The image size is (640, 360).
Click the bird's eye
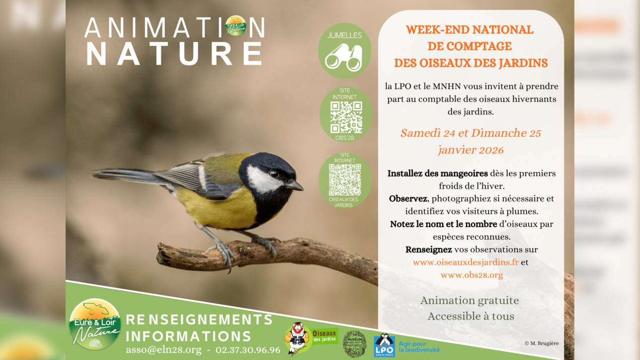(274, 174)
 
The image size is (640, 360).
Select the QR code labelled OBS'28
(345, 117)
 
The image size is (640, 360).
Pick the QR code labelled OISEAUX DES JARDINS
(345, 180)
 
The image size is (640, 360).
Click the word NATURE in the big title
(174, 54)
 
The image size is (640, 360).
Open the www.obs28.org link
(472, 274)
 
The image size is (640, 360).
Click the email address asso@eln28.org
(163, 350)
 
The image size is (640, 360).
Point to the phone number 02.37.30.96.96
(248, 350)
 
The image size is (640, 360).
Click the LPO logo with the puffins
(384, 345)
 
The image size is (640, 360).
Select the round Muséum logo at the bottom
(355, 344)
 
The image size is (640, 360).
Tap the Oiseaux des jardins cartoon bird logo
(298, 338)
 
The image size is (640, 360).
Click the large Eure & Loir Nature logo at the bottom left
(95, 324)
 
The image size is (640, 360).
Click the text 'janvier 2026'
(471, 150)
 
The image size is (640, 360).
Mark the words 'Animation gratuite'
(470, 300)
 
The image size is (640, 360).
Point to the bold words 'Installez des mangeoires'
(437, 174)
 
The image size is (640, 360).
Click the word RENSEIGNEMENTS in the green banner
(199, 319)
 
